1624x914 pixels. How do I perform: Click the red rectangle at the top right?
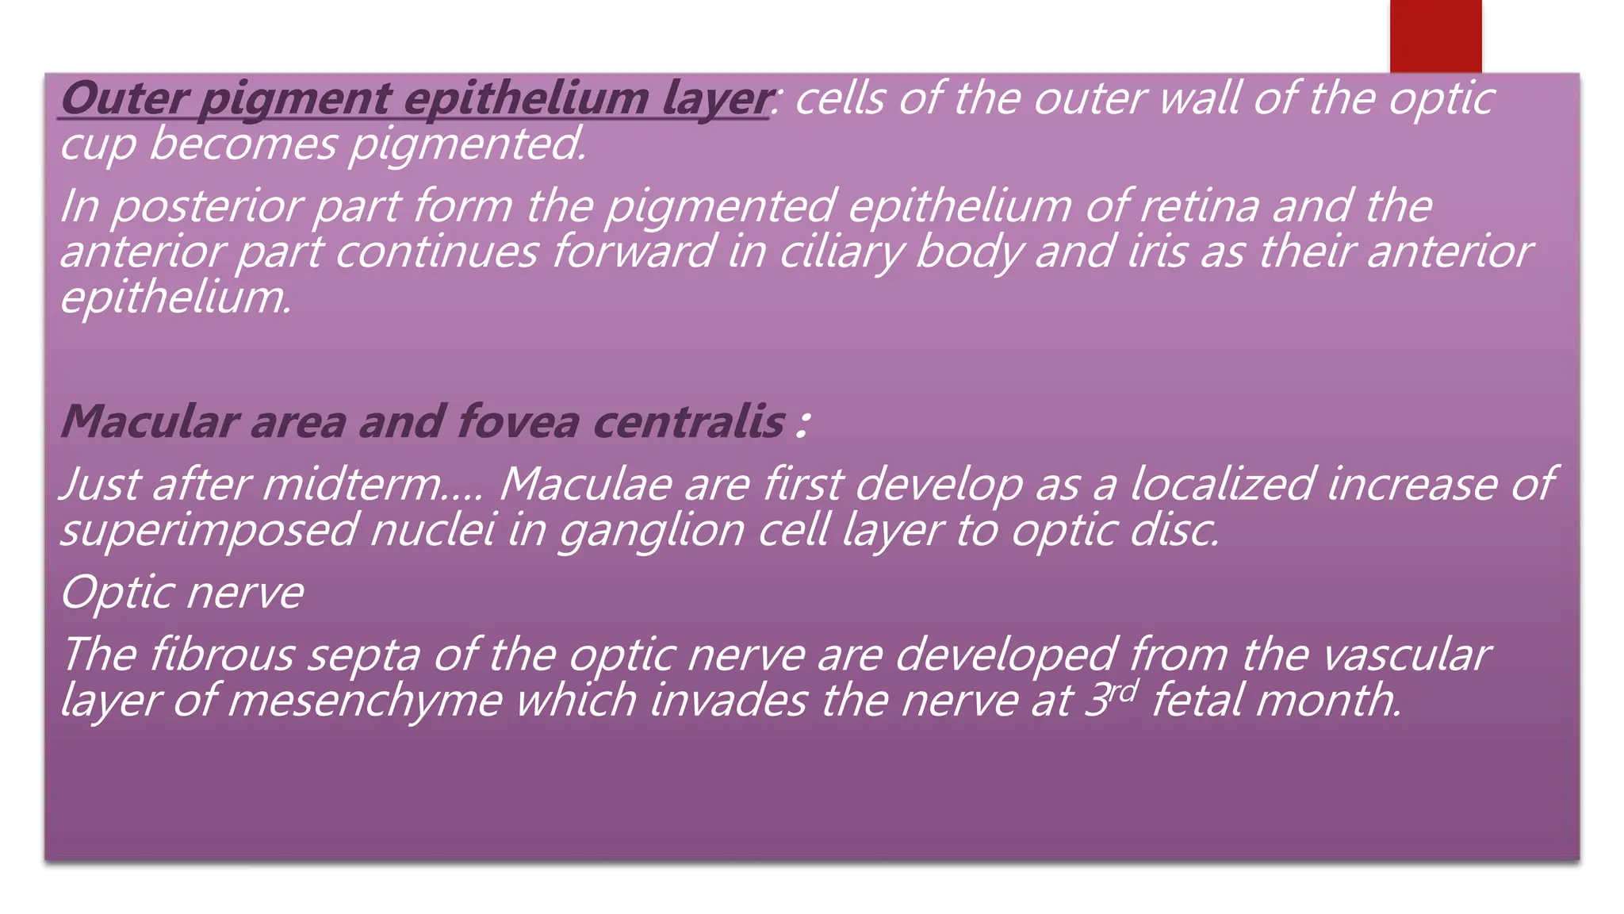coord(1435,36)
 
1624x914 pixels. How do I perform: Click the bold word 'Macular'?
coord(149,421)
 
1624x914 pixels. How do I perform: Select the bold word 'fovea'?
coord(517,421)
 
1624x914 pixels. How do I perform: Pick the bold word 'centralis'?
coord(688,421)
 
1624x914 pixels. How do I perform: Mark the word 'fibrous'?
coord(221,655)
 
